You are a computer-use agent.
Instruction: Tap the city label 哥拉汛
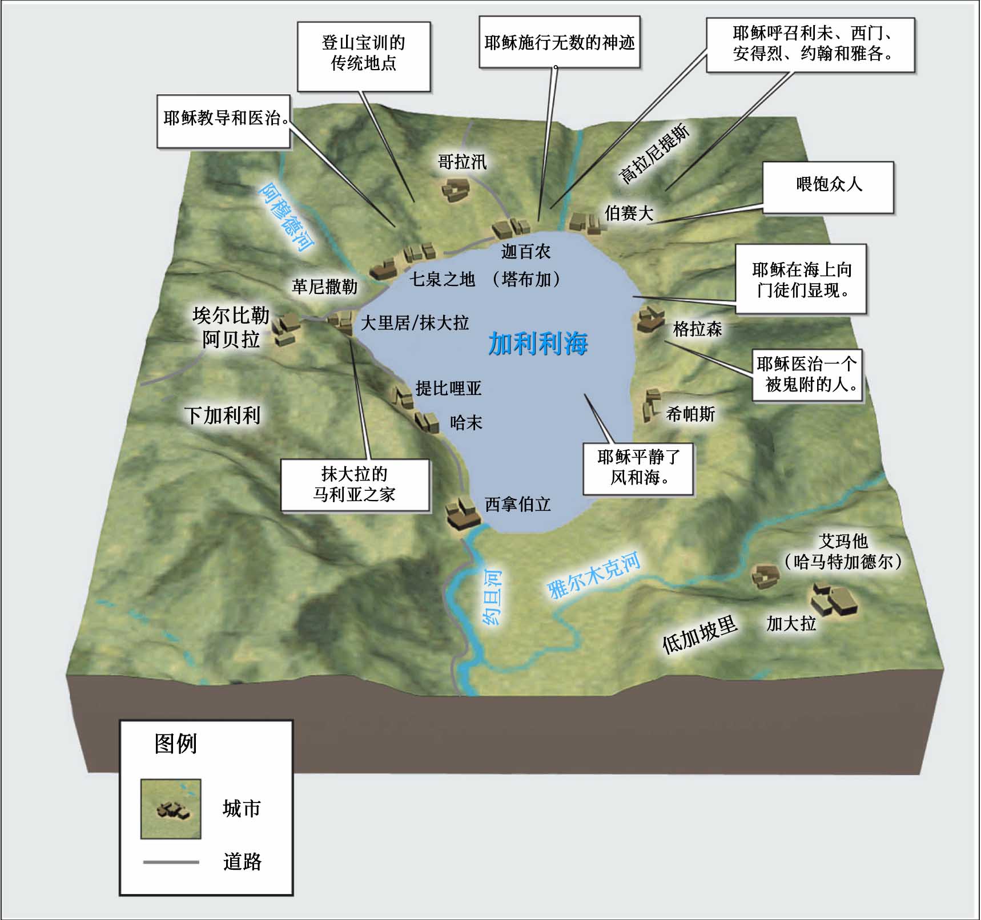(462, 162)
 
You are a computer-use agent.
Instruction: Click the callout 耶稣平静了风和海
(638, 467)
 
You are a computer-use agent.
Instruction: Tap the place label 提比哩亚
(448, 389)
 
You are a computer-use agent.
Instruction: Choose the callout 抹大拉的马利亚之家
(355, 485)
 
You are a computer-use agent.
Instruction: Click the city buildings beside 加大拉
(834, 601)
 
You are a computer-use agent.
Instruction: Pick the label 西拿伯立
(517, 504)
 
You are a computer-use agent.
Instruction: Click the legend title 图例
(175, 744)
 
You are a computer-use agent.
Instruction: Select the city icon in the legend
(171, 809)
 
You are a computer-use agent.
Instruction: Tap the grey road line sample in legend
(171, 862)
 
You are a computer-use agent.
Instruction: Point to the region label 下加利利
(222, 415)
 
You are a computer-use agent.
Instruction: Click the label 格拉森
(697, 329)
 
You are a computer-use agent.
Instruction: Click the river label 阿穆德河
(287, 217)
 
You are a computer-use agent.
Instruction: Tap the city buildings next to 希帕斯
(651, 403)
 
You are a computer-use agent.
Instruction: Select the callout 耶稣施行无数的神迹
(559, 43)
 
